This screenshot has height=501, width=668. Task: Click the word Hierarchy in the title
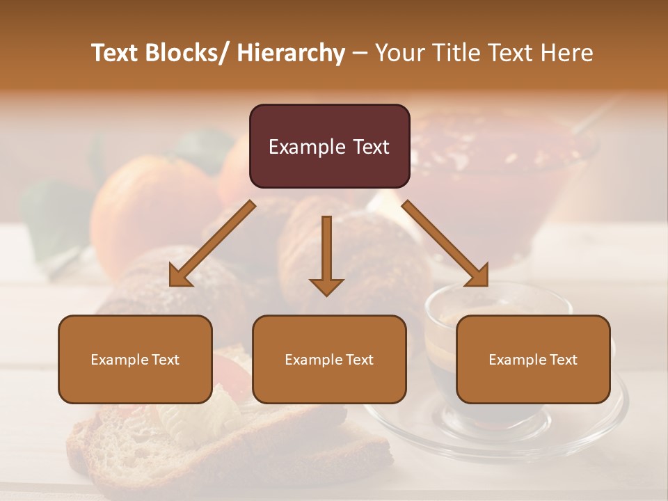coord(291,53)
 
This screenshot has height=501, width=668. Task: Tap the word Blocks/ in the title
coord(189,53)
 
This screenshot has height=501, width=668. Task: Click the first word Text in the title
coord(116,53)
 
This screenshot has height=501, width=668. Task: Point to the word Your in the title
coord(399,53)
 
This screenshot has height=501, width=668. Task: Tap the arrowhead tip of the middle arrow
coord(326,295)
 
